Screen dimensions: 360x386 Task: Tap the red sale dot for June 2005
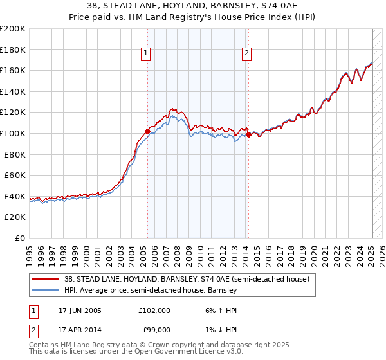point(148,131)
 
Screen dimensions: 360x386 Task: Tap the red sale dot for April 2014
point(248,134)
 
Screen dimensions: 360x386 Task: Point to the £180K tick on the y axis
point(13,50)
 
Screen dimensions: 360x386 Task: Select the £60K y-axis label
point(15,175)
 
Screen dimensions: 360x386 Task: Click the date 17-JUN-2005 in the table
point(80,310)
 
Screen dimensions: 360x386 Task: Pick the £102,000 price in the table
point(154,310)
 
